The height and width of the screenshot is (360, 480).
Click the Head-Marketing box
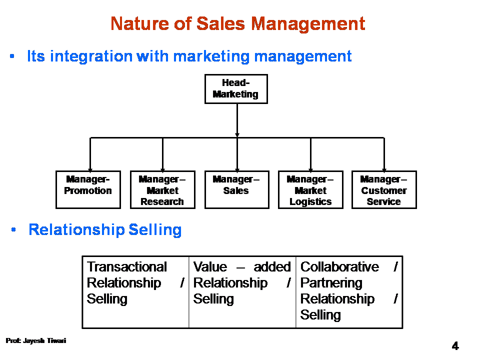coord(236,89)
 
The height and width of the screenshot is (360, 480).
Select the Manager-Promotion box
coord(88,190)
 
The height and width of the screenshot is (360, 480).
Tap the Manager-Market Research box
coord(162,190)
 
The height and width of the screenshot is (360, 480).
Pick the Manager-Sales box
coord(237,190)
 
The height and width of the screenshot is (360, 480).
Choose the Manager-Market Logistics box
coord(310,190)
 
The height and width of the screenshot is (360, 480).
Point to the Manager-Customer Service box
coord(384,190)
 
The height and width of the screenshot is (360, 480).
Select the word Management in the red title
coord(308,24)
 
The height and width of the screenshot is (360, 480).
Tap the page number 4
coord(455,346)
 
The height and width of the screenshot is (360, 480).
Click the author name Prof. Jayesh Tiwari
coord(36,340)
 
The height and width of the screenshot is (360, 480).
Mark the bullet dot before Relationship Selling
coord(13,229)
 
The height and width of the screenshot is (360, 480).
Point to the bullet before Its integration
coord(12,56)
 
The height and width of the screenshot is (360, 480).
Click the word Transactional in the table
coord(126,266)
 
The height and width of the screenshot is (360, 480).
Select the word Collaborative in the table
coord(339,266)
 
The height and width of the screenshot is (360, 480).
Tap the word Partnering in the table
coord(331,283)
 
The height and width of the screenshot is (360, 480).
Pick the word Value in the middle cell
coord(210,266)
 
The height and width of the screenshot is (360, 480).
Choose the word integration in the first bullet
coord(91,56)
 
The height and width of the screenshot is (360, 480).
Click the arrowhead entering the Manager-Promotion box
coord(90,169)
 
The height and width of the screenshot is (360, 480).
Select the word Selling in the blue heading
coord(155,230)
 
